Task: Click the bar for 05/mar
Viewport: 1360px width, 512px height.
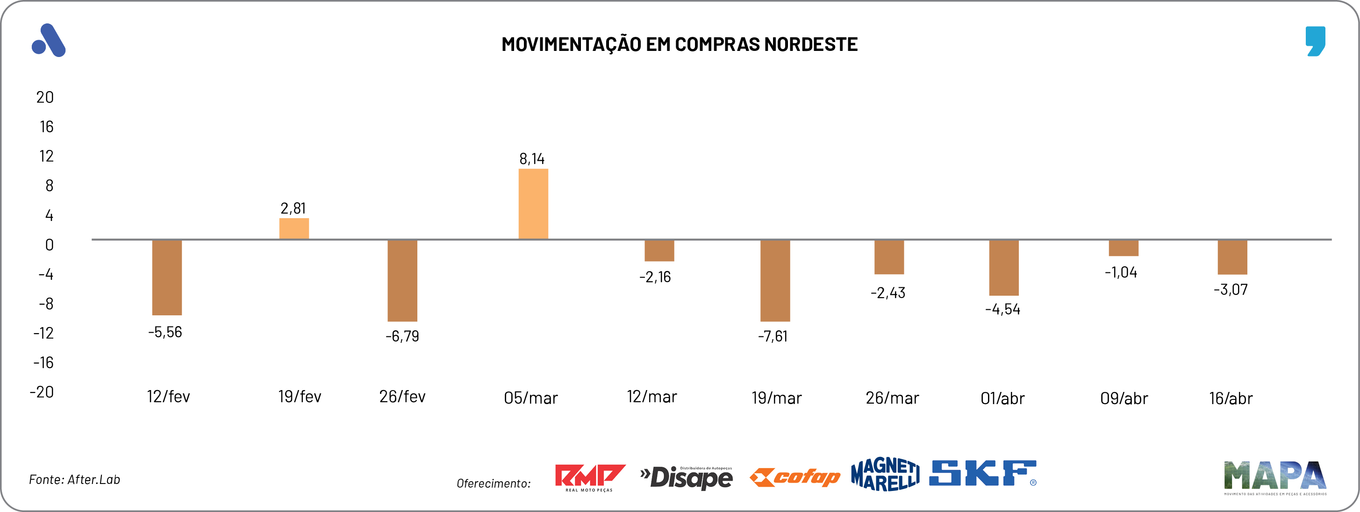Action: [533, 204]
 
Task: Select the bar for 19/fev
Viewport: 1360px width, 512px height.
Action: [294, 228]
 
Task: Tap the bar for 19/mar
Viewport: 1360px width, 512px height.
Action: [775, 280]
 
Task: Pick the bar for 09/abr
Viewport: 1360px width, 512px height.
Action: [1124, 248]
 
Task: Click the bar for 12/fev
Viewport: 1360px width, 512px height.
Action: [167, 277]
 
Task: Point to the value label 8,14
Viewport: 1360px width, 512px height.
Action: [532, 159]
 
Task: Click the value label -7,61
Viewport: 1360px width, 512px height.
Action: [773, 336]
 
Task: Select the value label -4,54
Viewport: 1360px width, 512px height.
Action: [1002, 309]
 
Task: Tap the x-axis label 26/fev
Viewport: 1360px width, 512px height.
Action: [402, 397]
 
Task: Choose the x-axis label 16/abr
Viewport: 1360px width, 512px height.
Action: [1231, 398]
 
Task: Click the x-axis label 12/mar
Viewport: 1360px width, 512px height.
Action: [651, 397]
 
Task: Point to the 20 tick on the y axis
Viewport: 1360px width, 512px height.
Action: [45, 97]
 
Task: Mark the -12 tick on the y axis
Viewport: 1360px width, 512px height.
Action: [43, 333]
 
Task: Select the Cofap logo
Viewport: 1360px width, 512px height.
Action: [795, 477]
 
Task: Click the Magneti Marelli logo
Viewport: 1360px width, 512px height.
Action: [885, 474]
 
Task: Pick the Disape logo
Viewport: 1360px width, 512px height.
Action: [687, 477]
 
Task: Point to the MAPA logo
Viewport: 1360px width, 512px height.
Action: [1274, 476]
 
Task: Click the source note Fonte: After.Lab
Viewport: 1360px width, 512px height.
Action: [74, 479]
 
